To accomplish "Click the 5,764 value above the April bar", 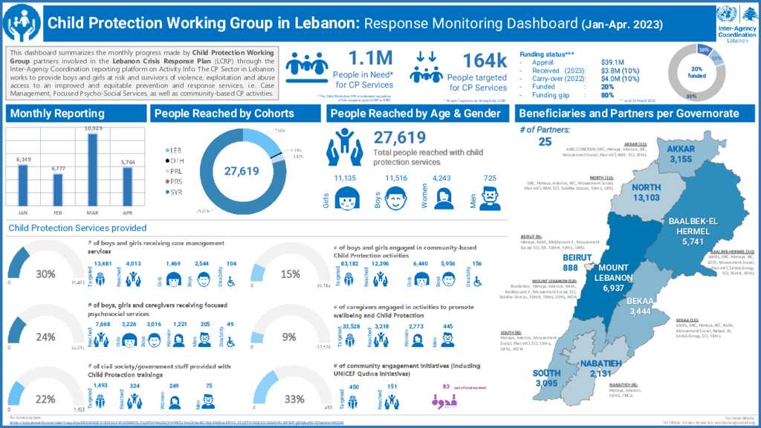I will pos(127,162).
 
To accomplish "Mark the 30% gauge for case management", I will pos(45,273).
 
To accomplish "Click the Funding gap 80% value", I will pos(607,94).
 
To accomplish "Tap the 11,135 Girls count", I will pos(346,178).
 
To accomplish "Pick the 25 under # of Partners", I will pos(545,142).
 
